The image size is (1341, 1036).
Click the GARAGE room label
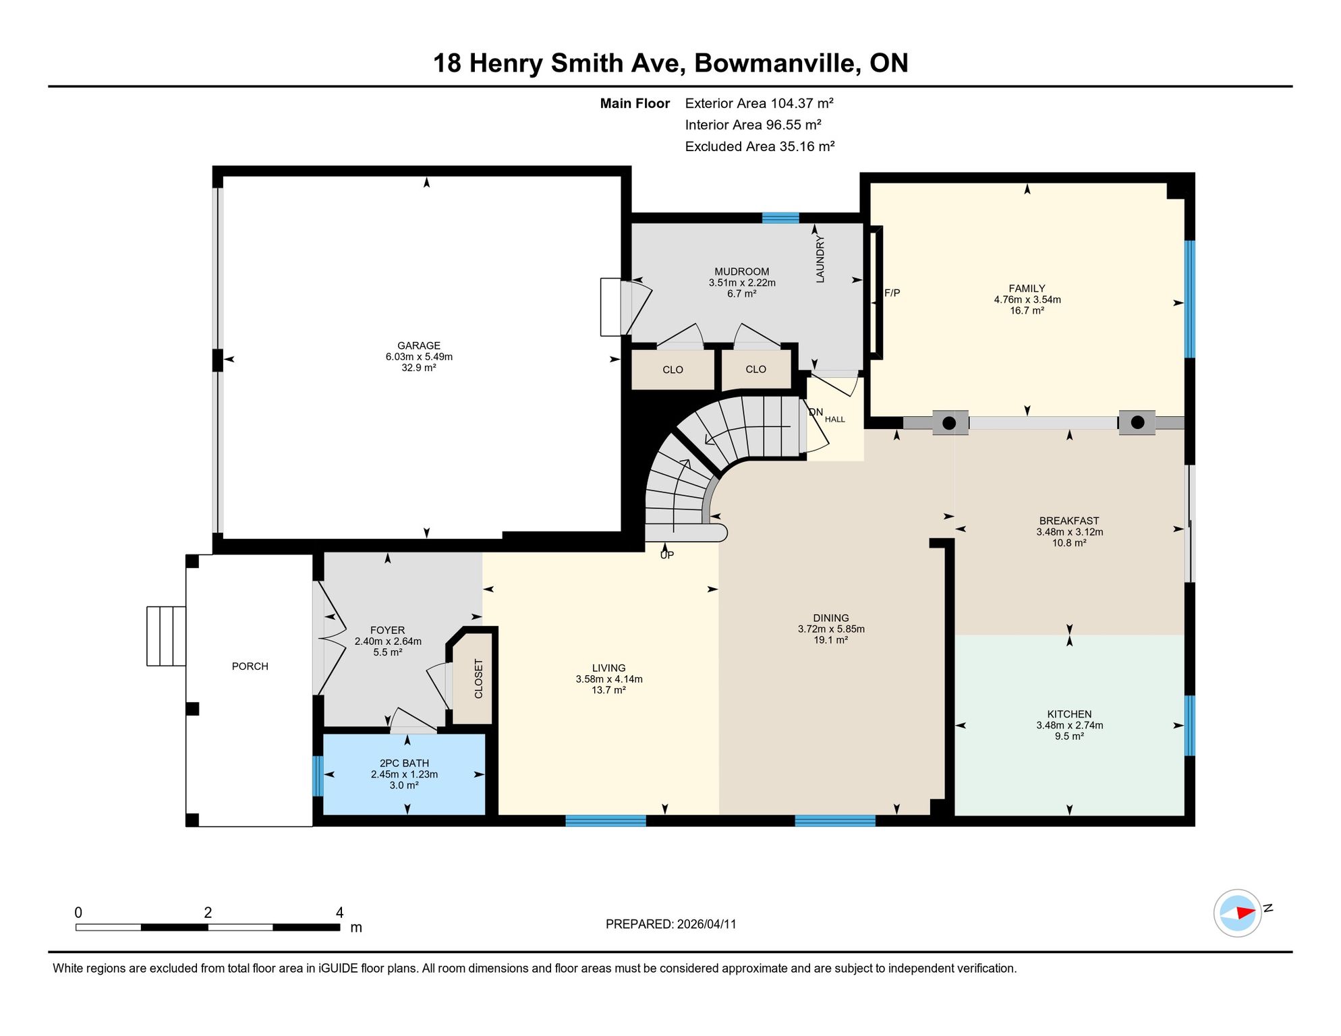pyautogui.click(x=418, y=346)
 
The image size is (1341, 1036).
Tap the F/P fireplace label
pyautogui.click(x=892, y=293)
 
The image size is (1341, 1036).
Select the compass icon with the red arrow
pyautogui.click(x=1237, y=913)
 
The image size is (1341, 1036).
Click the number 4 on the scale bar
pyautogui.click(x=339, y=913)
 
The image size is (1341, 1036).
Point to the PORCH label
pyautogui.click(x=250, y=666)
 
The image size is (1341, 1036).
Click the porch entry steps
pyautogui.click(x=166, y=636)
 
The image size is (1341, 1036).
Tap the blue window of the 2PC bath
pyautogui.click(x=318, y=776)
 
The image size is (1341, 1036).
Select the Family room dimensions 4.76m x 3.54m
pyautogui.click(x=1027, y=299)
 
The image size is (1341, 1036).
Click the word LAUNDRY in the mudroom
pyautogui.click(x=820, y=259)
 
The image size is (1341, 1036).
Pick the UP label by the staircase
pyautogui.click(x=666, y=555)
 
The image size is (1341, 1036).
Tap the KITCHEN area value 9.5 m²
pyautogui.click(x=1069, y=737)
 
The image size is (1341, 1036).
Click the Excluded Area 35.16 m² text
pyautogui.click(x=760, y=146)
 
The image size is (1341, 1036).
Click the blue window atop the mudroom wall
pyautogui.click(x=780, y=218)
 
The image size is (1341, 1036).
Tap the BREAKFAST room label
pyautogui.click(x=1068, y=521)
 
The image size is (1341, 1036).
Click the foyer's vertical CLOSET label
pyautogui.click(x=478, y=679)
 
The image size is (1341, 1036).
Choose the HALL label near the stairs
pyautogui.click(x=834, y=420)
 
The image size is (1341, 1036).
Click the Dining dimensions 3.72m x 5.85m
pyautogui.click(x=830, y=629)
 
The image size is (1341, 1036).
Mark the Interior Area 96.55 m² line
pyautogui.click(x=753, y=125)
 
